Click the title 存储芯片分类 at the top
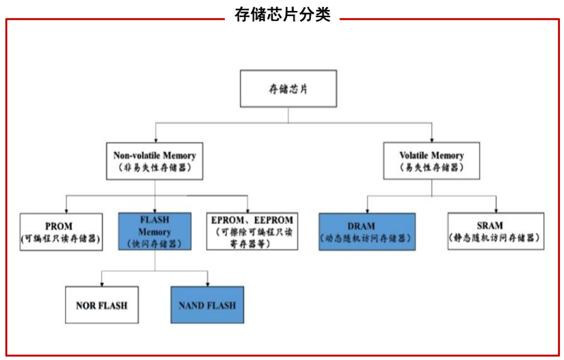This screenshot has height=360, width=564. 283,15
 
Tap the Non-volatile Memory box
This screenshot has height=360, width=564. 155,161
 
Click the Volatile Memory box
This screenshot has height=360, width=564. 431,161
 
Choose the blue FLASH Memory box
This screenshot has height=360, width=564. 155,231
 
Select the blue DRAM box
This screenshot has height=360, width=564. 367,231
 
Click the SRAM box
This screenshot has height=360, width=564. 495,231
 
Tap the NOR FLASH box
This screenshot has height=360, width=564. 101,305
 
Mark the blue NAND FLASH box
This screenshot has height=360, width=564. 207,305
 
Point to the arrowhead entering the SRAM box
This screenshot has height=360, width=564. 496,210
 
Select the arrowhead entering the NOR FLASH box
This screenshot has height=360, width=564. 101,284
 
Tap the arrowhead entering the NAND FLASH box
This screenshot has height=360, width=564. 208,284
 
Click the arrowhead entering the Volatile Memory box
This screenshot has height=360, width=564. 431,140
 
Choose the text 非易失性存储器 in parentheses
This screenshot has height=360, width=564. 155,168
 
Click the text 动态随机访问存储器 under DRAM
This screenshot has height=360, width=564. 367,238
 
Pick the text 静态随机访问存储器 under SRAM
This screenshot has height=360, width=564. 495,238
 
